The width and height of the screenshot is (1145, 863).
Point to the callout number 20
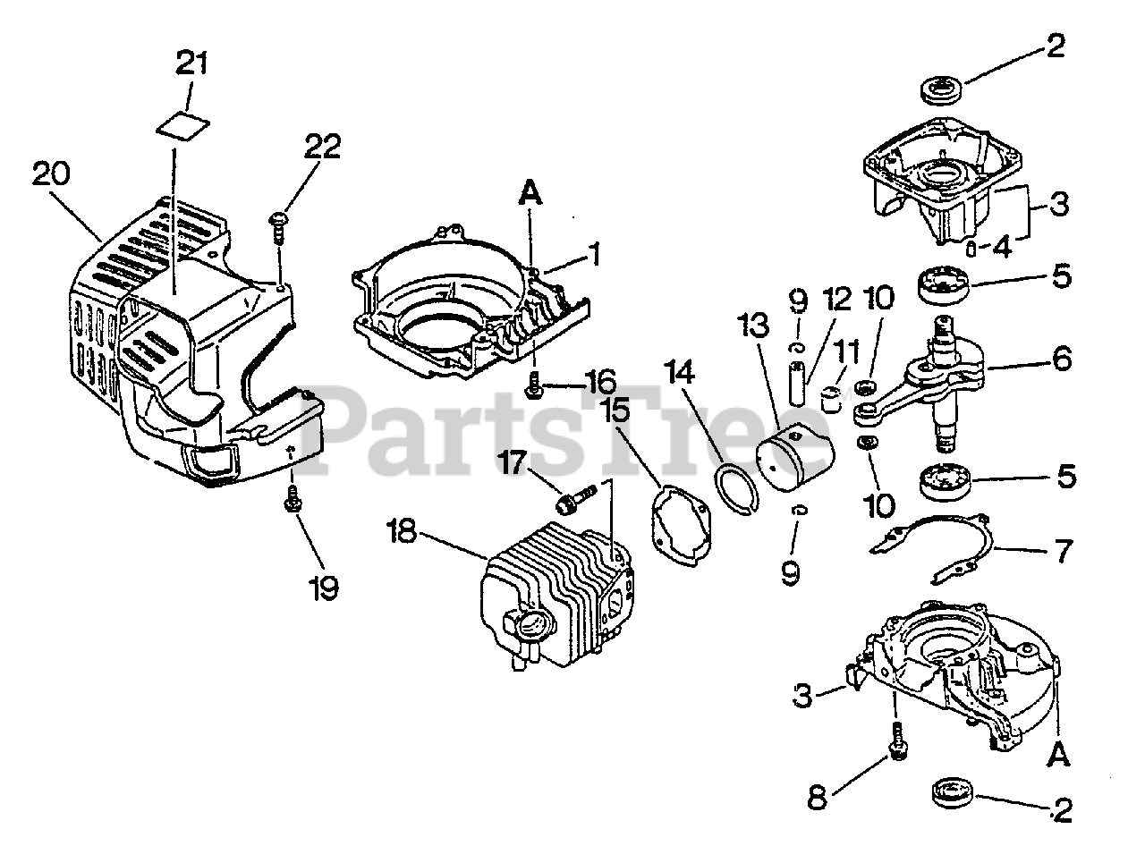pyautogui.click(x=53, y=173)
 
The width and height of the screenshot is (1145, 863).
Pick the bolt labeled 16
pyautogui.click(x=535, y=389)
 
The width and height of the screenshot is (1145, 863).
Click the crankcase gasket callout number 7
pyautogui.click(x=1063, y=552)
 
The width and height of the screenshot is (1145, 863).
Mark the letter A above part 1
pyautogui.click(x=530, y=191)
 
